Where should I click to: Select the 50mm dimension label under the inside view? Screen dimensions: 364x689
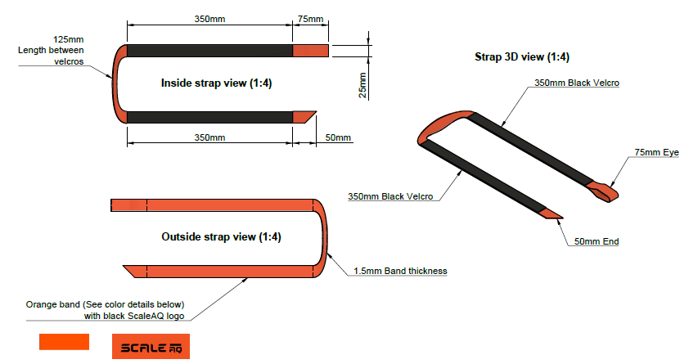coord(336,137)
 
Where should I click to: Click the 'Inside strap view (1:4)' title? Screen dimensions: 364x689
coord(211,83)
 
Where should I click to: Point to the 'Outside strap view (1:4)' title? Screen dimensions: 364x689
coord(221,237)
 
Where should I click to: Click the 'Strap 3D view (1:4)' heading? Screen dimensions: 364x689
coord(522,57)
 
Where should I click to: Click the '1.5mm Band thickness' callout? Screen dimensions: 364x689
coord(400,271)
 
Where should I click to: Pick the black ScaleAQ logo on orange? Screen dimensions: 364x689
coord(151,347)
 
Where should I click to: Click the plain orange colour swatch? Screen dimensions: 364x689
coord(64,342)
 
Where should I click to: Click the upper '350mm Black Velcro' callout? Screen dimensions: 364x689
coord(576,83)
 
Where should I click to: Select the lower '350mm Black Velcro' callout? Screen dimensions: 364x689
coord(390,196)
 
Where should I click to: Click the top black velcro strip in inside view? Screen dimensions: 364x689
coord(209,51)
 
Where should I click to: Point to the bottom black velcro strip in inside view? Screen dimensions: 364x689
coord(209,116)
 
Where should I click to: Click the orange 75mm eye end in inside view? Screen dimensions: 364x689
coord(311,51)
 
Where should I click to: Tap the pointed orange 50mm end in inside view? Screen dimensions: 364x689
coord(304,116)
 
